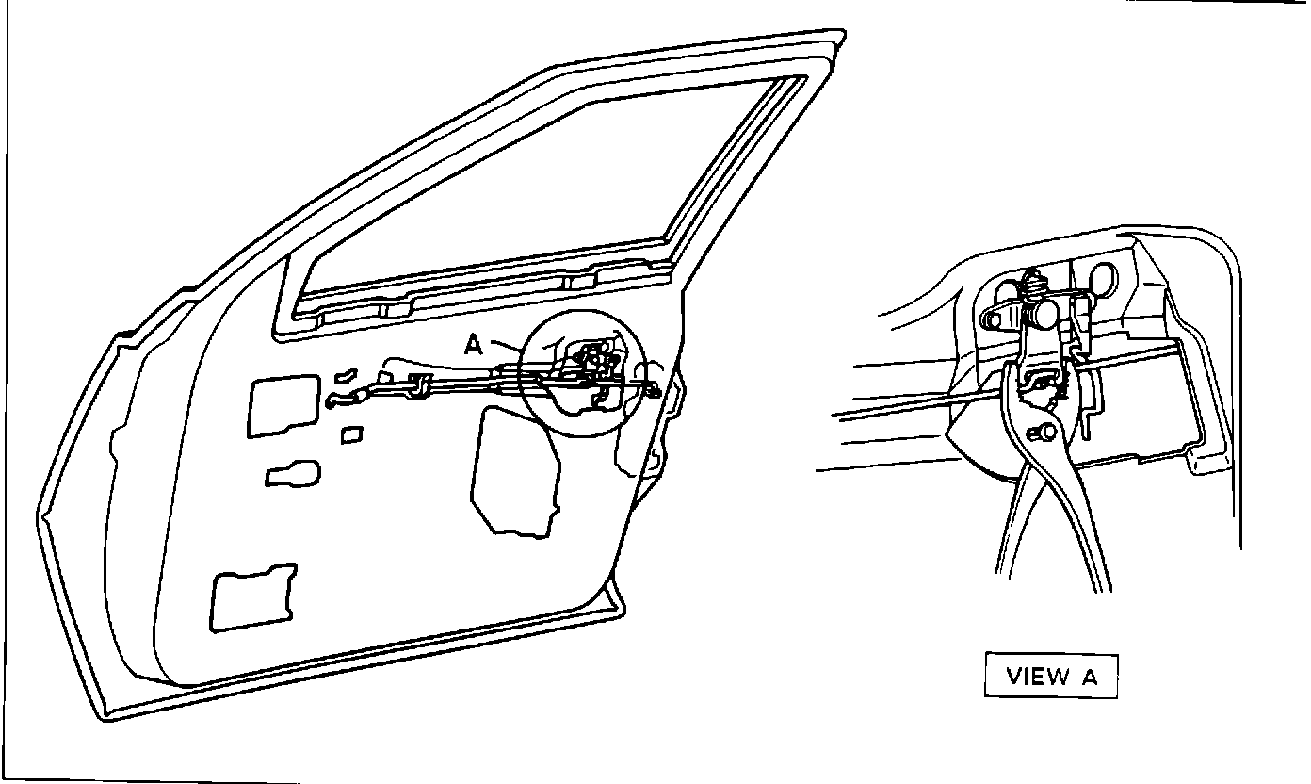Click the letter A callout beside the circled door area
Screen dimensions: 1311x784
[x=475, y=345]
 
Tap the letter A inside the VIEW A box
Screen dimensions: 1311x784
[x=1088, y=676]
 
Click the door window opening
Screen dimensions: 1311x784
[x=556, y=198]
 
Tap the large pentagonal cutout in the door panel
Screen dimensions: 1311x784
[x=513, y=471]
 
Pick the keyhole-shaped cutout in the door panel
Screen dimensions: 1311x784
[x=291, y=474]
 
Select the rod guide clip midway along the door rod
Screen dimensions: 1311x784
[x=420, y=382]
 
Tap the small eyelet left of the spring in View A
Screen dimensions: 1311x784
[x=991, y=319]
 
